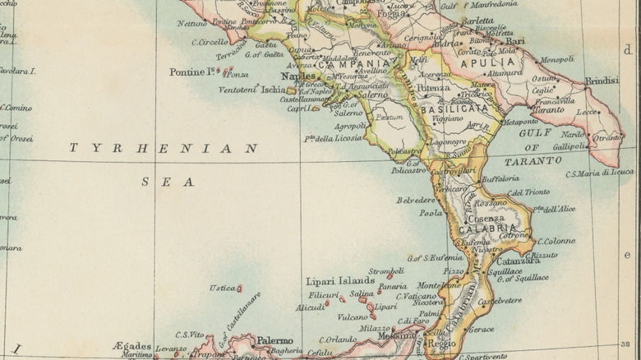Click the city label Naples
[298, 76]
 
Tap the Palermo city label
[274, 340]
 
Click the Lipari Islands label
[340, 280]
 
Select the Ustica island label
[222, 288]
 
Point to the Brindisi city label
[601, 81]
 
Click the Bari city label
[515, 40]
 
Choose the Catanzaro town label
[517, 261]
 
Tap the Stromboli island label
[385, 270]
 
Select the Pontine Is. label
[192, 72]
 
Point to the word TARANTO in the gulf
[528, 161]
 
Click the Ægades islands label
[131, 346]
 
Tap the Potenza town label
[432, 86]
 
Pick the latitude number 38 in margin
[627, 345]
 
